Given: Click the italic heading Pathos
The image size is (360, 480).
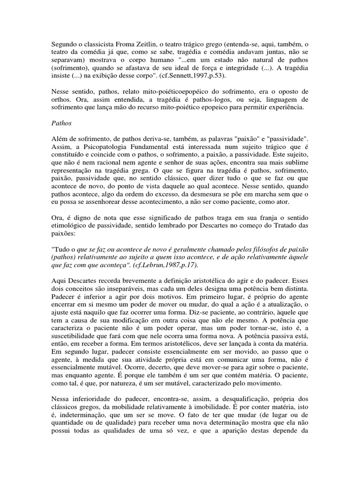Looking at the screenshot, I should (60, 122).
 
